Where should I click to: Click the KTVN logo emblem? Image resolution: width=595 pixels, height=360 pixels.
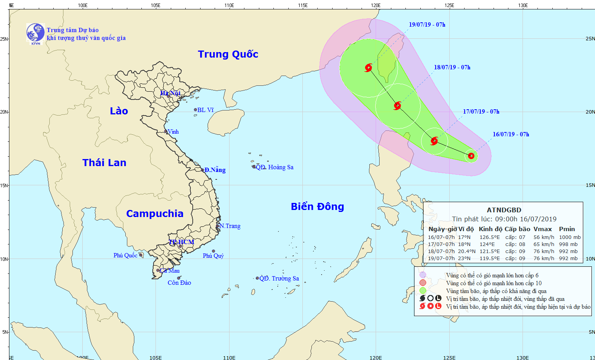[x=35, y=33]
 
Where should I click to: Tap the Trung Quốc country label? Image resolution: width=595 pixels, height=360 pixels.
[x=228, y=54]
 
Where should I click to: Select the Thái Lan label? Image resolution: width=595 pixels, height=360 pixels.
[x=104, y=163]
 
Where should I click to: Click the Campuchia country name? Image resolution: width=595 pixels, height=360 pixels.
[x=155, y=213]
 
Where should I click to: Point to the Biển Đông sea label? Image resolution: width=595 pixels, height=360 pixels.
[x=317, y=206]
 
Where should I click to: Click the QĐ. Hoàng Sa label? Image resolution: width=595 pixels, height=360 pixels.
[x=275, y=167]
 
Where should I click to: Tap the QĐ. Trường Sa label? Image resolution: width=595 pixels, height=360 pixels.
[x=279, y=279]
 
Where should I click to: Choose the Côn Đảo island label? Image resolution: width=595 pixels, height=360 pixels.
[x=179, y=283]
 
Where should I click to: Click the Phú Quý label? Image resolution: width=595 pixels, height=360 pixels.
[x=213, y=256]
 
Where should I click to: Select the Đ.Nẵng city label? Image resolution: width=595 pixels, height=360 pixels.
[x=215, y=170]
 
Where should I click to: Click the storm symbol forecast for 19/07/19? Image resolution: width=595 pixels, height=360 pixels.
[x=368, y=68]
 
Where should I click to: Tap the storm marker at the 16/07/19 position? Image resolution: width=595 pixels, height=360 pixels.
[x=471, y=156]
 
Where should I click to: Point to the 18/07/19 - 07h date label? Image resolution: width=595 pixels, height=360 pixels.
[x=452, y=67]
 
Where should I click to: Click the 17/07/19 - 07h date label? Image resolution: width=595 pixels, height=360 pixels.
[x=481, y=112]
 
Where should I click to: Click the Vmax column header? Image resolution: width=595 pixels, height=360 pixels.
[x=543, y=229]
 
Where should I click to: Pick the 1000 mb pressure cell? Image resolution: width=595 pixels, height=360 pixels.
[x=570, y=237]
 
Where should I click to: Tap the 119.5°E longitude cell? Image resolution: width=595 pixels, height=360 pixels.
[x=490, y=259]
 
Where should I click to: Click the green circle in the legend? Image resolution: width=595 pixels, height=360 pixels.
[x=423, y=291]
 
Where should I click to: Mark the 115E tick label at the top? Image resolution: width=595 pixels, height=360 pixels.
[x=302, y=5]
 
